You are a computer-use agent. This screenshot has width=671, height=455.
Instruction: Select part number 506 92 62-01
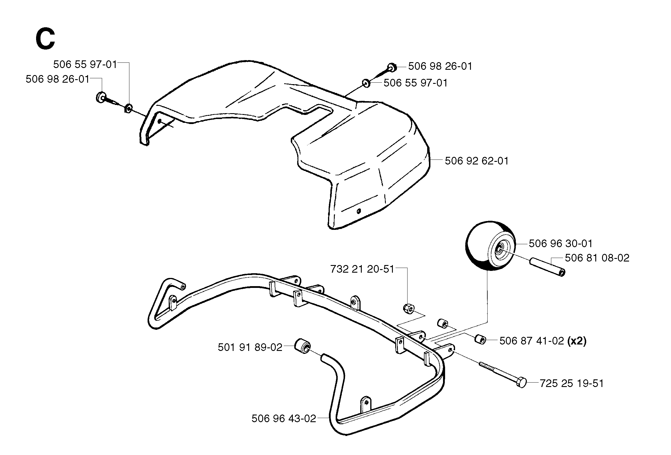tap(477, 161)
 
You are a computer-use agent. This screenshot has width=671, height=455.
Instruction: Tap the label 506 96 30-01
tap(561, 243)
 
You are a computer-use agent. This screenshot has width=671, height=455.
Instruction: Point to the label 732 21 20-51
tap(362, 269)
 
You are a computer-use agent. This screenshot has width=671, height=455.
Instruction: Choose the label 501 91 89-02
tap(250, 347)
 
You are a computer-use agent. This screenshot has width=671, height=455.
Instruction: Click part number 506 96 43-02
tap(284, 418)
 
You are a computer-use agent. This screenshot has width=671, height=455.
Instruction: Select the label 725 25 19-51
tap(572, 383)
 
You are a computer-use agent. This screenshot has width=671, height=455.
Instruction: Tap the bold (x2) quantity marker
tap(577, 341)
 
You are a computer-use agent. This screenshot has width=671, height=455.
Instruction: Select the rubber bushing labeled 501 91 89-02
tap(302, 347)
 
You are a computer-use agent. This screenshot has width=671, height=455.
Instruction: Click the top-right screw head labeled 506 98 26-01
tap(392, 67)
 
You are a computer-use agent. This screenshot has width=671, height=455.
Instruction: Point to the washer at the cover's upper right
tap(366, 83)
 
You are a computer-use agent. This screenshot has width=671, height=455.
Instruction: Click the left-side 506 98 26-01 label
tap(58, 79)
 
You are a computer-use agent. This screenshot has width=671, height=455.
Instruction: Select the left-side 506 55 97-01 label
tap(85, 64)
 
